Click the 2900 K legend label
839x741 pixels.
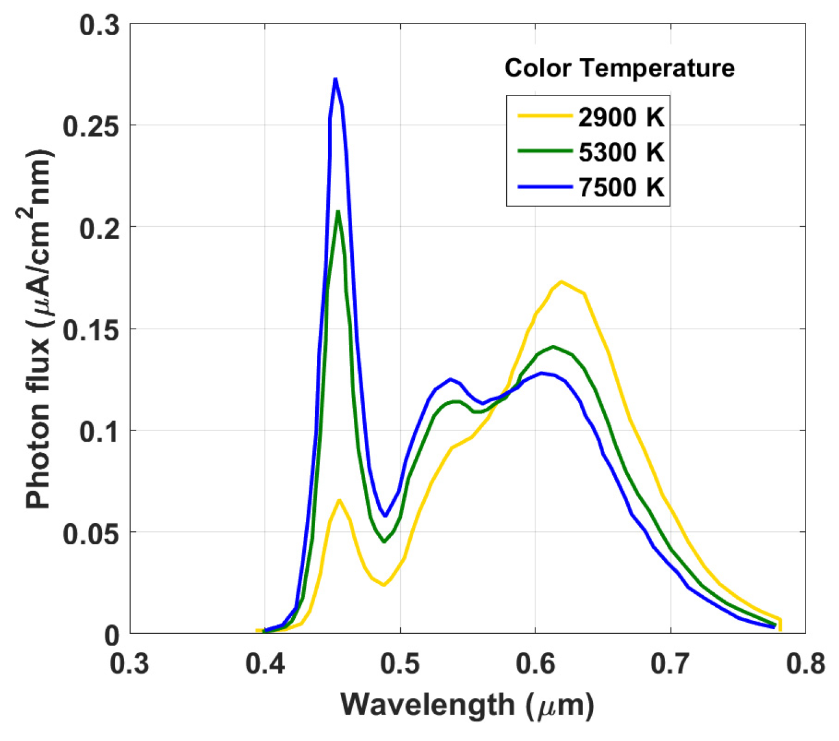click(621, 117)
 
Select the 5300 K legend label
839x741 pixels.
click(621, 152)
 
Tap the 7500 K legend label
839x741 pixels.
click(621, 188)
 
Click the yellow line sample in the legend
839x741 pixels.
click(544, 116)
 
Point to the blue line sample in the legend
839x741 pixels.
click(544, 187)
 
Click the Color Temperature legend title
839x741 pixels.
click(619, 69)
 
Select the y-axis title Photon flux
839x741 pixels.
click(40, 329)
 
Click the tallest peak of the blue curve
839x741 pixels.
click(335, 79)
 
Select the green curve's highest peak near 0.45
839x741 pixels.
click(338, 211)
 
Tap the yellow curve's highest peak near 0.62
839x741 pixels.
click(561, 282)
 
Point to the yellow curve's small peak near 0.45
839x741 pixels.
click(339, 500)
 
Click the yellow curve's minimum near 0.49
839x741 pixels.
click(384, 585)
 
